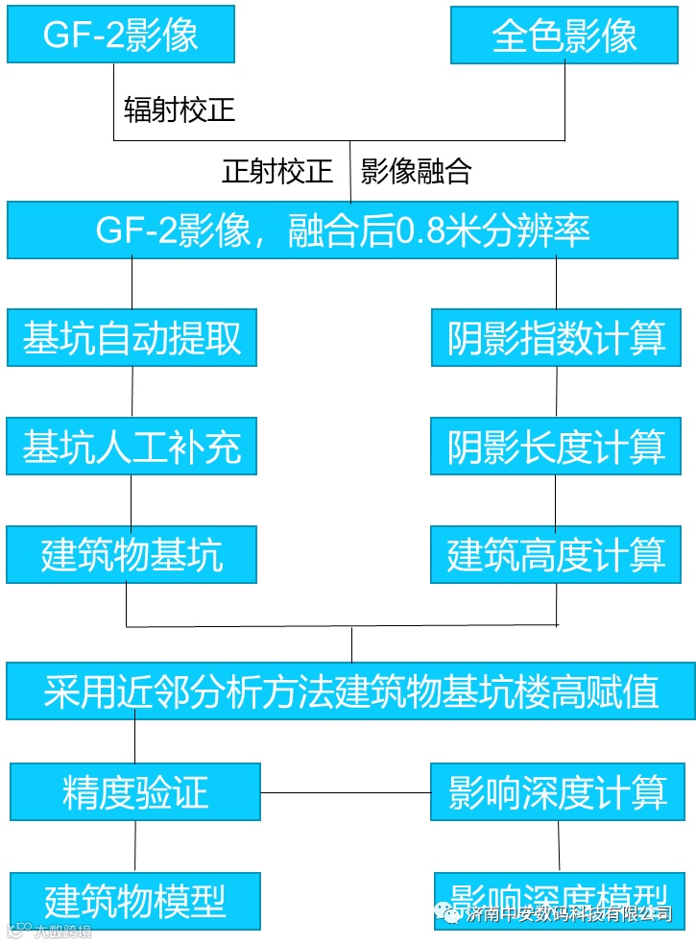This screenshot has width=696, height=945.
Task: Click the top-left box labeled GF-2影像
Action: click(x=121, y=36)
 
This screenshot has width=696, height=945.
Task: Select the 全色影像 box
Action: click(x=564, y=36)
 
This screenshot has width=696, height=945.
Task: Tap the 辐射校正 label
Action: click(x=180, y=109)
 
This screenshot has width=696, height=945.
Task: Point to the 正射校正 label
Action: click(x=277, y=172)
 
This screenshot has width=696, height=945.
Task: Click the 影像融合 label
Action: click(x=417, y=172)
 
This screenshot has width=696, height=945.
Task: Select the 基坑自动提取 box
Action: click(x=132, y=337)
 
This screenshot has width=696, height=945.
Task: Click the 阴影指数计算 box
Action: click(x=557, y=337)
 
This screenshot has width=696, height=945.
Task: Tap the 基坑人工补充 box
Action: click(x=132, y=446)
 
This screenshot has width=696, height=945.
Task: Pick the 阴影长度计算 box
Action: click(x=557, y=446)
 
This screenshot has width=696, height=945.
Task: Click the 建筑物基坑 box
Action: click(x=132, y=554)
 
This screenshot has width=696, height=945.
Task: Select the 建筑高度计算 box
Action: click(x=557, y=554)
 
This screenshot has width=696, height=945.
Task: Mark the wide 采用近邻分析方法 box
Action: click(x=350, y=691)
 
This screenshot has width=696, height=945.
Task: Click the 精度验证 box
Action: click(x=135, y=792)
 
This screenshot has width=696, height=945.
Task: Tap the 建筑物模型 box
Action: click(x=135, y=901)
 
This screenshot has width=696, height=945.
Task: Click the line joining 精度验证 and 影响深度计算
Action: click(x=346, y=793)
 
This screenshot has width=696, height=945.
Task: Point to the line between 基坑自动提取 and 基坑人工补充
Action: click(x=132, y=392)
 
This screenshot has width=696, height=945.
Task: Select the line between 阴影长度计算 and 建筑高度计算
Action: click(x=557, y=500)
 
